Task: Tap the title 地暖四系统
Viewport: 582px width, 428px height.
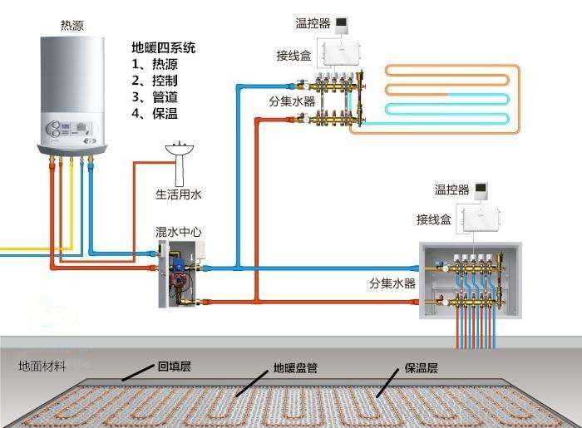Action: click(x=164, y=47)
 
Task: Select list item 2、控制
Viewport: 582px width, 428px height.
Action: click(x=155, y=81)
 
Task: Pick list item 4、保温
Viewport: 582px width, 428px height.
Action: click(x=155, y=114)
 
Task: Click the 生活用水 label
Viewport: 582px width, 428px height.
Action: click(x=179, y=194)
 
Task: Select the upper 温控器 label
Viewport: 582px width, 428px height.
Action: click(x=313, y=22)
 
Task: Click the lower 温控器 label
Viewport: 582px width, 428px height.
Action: click(x=451, y=190)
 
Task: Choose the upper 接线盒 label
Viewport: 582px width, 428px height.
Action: click(x=294, y=55)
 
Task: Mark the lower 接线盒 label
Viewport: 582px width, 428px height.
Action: click(x=434, y=219)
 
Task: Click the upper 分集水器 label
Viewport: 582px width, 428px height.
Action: click(x=292, y=101)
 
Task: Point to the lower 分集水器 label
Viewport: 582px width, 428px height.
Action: click(x=392, y=283)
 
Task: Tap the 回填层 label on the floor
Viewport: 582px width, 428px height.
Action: click(x=175, y=366)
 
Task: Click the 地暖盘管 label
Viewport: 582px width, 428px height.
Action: click(x=296, y=367)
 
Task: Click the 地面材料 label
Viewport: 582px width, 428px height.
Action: click(x=42, y=367)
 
